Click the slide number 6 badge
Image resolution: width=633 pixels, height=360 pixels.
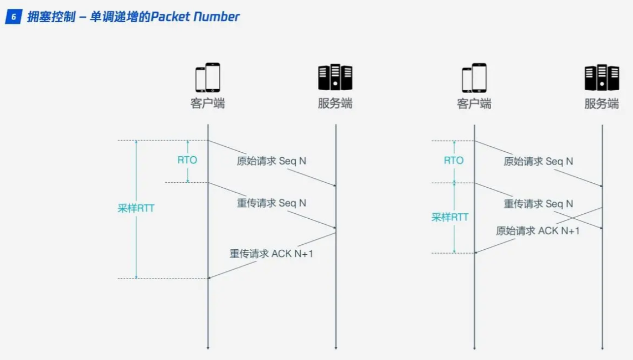pos(13,17)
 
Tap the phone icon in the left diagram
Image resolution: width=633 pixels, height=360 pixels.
pos(208,78)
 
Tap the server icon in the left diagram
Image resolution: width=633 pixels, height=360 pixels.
pos(335,78)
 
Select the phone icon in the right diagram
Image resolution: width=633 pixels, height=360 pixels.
pos(474,78)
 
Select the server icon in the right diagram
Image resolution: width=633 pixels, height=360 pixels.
pos(601,78)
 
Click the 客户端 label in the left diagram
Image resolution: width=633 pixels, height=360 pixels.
pos(208,104)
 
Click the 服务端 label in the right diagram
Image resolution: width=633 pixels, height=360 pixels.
pos(601,104)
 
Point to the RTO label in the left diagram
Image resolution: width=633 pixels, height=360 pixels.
pos(187,161)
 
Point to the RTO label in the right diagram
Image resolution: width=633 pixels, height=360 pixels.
pos(454,161)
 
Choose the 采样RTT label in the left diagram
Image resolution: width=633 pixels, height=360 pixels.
pos(136,209)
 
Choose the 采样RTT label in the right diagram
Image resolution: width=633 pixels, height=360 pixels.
pos(450,217)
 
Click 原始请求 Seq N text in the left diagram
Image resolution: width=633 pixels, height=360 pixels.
pos(271,161)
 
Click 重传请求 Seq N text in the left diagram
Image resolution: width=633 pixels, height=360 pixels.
pos(271,203)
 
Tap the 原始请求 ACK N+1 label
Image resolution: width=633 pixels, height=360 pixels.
pos(538,230)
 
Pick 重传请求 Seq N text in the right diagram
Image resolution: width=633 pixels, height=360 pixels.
pos(538,204)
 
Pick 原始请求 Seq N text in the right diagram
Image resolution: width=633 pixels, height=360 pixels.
pos(538,162)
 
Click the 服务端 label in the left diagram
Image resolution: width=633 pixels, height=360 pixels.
pos(335,104)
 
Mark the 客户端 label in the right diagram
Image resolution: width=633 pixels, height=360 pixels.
pos(474,104)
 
